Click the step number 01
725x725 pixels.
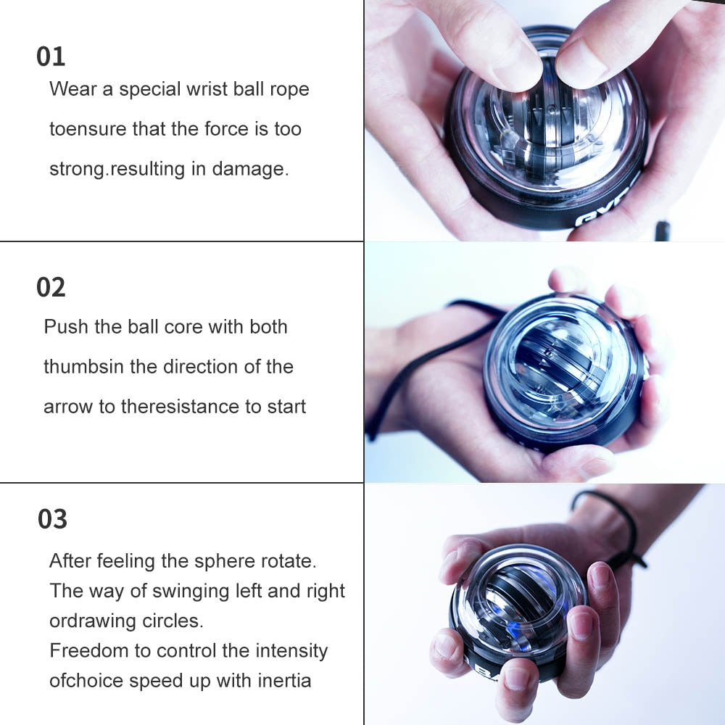click(x=51, y=57)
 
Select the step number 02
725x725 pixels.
click(x=51, y=288)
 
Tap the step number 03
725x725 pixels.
click(x=52, y=519)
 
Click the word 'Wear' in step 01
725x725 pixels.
click(x=72, y=90)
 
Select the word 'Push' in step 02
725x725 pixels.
click(x=64, y=327)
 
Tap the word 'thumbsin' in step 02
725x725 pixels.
click(x=83, y=367)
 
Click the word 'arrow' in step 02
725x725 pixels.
click(x=68, y=407)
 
